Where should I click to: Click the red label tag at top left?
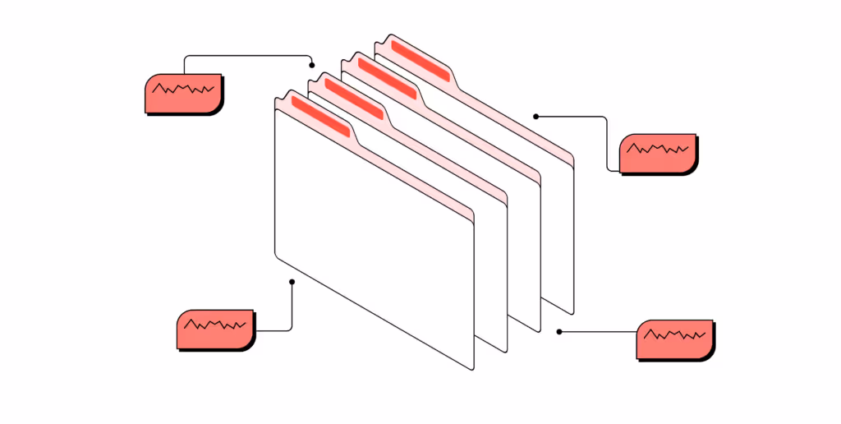click(183, 94)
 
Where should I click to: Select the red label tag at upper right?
click(657, 153)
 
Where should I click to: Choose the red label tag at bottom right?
click(674, 339)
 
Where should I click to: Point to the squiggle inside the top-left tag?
click(184, 88)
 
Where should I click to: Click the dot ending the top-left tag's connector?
click(312, 65)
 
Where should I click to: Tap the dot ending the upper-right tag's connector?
click(535, 116)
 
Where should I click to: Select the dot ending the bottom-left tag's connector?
click(292, 282)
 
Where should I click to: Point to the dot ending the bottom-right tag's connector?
click(559, 332)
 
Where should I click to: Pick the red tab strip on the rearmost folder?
click(420, 60)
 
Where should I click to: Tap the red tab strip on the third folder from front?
click(387, 78)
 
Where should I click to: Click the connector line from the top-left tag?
click(246, 57)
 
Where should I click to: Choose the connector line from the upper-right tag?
click(607, 140)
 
